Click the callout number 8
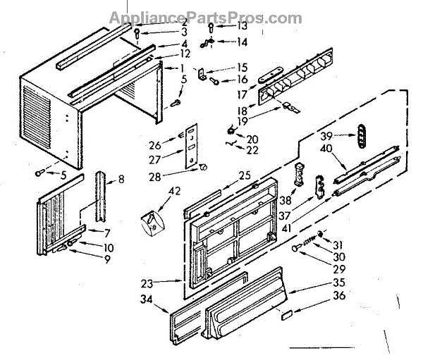[x=121, y=180]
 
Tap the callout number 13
[x=242, y=26]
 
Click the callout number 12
[x=185, y=54]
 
